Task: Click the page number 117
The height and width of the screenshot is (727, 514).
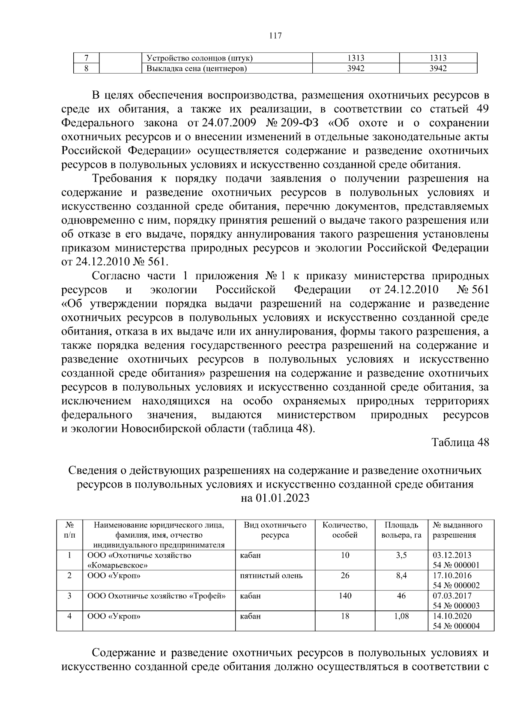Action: [275, 36]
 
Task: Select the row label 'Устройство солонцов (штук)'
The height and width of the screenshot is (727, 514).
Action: [200, 58]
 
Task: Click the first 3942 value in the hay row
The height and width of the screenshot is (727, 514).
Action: [356, 69]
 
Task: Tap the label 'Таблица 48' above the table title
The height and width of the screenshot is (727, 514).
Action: [460, 443]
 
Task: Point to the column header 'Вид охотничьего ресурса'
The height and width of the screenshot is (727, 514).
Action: [275, 530]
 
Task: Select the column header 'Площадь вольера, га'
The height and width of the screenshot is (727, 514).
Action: [401, 530]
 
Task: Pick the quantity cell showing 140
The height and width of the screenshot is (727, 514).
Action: [345, 595]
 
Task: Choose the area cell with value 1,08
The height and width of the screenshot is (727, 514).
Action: [401, 616]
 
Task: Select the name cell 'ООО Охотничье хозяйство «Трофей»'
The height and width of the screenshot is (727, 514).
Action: [156, 595]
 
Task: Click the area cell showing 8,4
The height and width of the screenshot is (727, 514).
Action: [401, 575]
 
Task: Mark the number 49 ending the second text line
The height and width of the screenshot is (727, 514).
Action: [482, 109]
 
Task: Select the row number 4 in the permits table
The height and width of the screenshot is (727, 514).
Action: [69, 616]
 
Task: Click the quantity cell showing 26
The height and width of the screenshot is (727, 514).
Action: [345, 575]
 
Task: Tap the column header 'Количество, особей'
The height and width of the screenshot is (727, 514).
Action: [345, 530]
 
